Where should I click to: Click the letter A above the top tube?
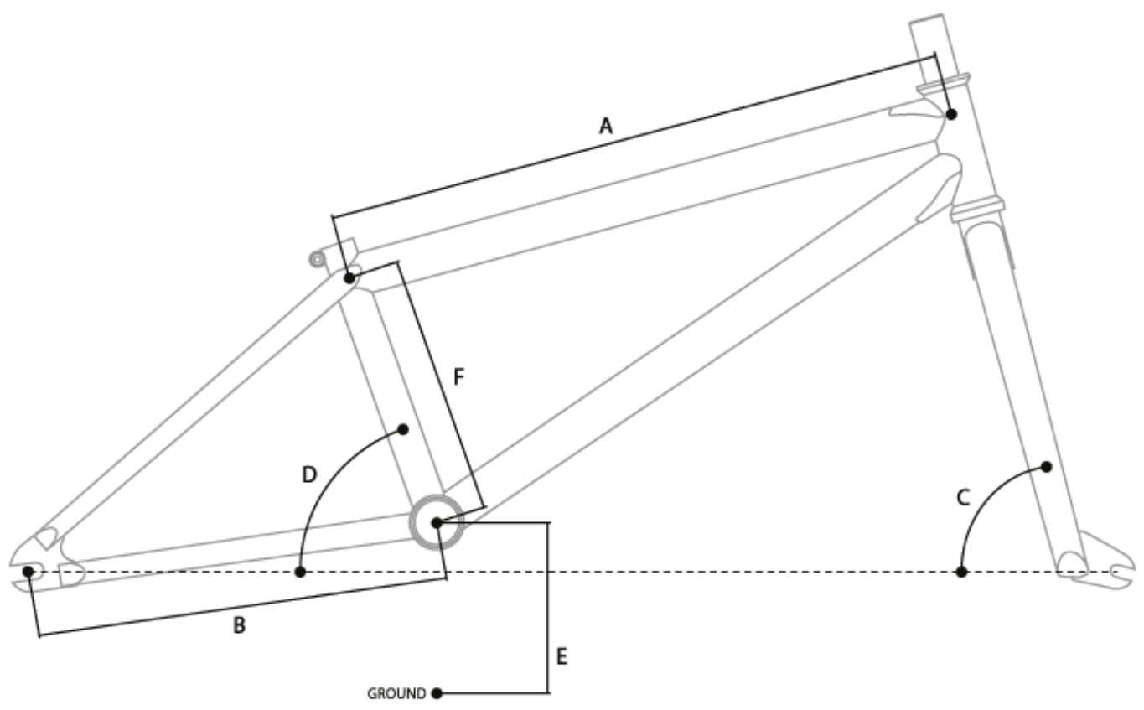[606, 127]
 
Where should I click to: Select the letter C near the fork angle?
[963, 498]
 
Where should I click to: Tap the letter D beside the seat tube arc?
[308, 475]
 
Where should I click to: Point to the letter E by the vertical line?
[562, 656]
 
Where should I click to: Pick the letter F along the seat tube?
[458, 377]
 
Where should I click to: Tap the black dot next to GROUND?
[436, 693]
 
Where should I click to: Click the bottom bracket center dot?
[436, 523]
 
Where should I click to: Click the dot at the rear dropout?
[28, 571]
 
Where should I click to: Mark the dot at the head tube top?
[950, 113]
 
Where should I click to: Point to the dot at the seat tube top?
[349, 277]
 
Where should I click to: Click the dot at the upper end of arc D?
[402, 429]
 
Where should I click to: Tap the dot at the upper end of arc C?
[1046, 466]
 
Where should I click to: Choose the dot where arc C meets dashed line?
[961, 572]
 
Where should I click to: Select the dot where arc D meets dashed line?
[301, 572]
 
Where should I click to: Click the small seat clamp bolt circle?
[317, 260]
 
